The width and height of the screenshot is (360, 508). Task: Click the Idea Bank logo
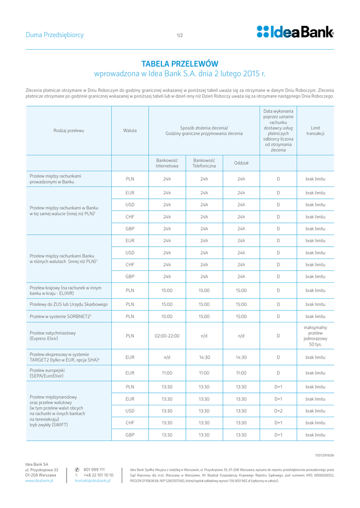[295, 32]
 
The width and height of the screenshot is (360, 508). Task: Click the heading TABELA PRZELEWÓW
[180, 63]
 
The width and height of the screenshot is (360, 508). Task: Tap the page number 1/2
[180, 35]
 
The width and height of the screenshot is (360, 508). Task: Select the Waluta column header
[130, 130]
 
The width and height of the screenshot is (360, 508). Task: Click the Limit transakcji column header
[315, 130]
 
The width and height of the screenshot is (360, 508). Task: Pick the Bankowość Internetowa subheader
[167, 163]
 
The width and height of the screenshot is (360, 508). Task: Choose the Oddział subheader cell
[241, 163]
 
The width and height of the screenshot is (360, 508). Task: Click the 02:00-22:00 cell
[167, 336]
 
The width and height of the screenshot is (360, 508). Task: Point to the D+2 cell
[278, 411]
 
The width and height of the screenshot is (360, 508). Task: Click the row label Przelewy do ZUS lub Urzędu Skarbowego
[69, 304]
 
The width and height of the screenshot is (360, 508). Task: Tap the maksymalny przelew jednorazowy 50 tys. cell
[315, 336]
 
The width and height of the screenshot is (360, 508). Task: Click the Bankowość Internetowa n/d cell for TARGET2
[167, 357]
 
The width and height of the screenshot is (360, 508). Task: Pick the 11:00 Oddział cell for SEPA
[241, 373]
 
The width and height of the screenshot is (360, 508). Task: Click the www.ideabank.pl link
[39, 481]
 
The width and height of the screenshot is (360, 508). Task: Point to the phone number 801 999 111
[94, 469]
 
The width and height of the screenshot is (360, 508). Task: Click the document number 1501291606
[324, 455]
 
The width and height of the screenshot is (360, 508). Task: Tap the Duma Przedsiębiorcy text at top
[55, 35]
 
